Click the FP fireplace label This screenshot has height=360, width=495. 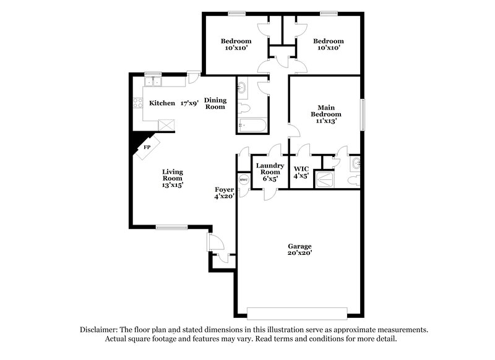(147, 147)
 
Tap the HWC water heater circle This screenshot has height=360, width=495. (243, 180)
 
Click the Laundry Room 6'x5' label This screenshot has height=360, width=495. (269, 171)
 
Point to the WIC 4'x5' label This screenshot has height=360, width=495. (301, 171)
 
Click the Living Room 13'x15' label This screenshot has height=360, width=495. (173, 178)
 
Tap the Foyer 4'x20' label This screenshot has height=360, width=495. (224, 192)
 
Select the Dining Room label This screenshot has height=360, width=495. (215, 103)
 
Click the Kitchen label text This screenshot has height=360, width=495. (162, 103)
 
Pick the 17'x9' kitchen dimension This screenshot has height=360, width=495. (190, 103)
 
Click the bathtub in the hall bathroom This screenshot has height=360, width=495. (251, 126)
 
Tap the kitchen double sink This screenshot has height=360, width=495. (152, 82)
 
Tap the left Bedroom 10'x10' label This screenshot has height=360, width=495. (236, 45)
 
